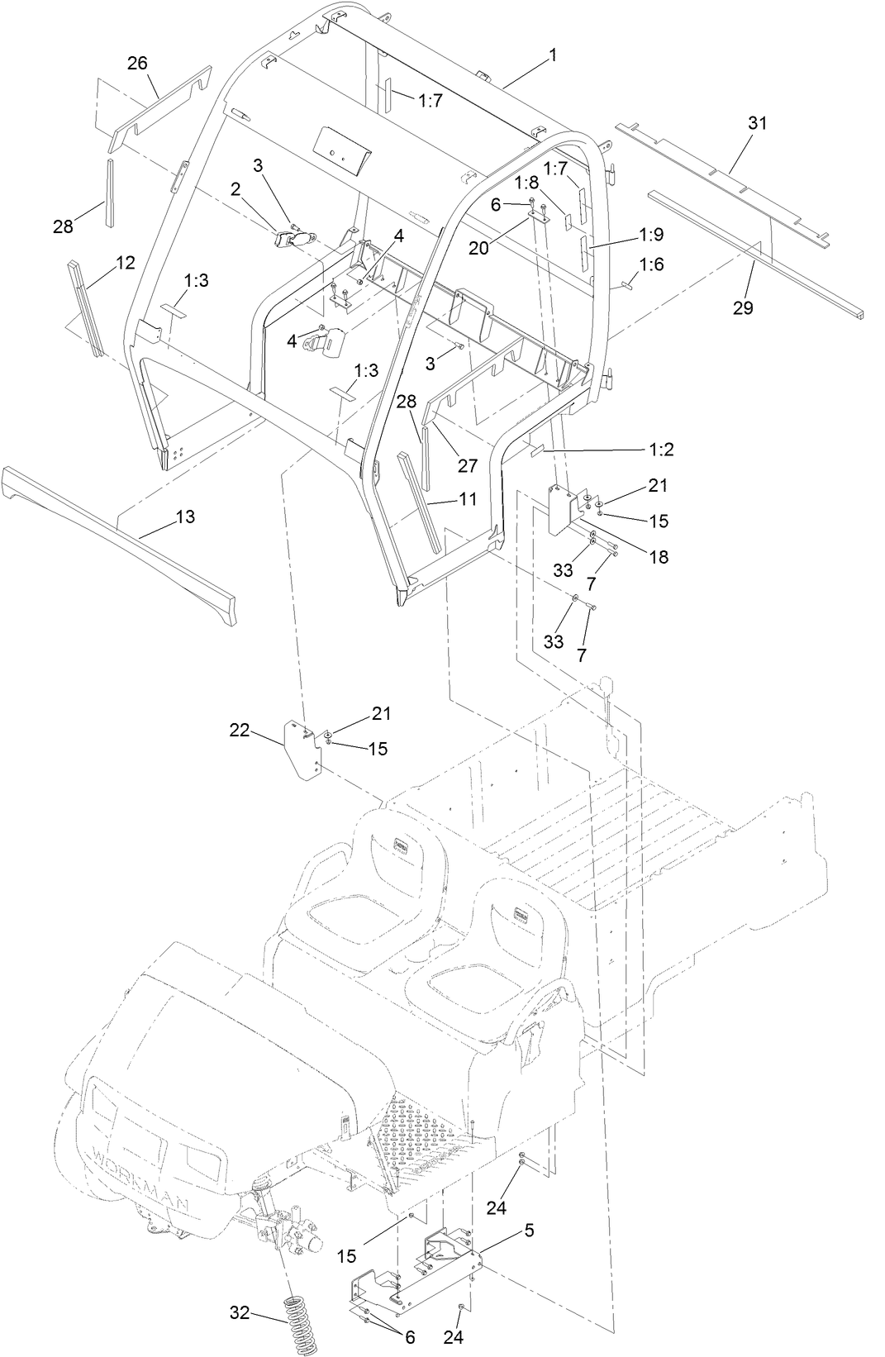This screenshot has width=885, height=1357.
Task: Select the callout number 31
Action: pyautogui.click(x=757, y=123)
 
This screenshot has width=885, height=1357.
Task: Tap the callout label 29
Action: pyautogui.click(x=743, y=307)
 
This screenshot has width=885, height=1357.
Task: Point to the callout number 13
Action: pyautogui.click(x=185, y=517)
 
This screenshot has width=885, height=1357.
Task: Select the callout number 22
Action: pyautogui.click(x=240, y=730)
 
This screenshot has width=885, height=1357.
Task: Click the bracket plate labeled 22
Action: pyautogui.click(x=302, y=749)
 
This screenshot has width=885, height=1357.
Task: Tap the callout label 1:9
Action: pyautogui.click(x=651, y=235)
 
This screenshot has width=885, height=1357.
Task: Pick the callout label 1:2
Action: pyautogui.click(x=661, y=449)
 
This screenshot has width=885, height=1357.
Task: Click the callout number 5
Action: pyautogui.click(x=529, y=1231)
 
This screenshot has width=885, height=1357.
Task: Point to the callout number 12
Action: pyautogui.click(x=125, y=263)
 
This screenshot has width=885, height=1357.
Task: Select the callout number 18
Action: pyautogui.click(x=659, y=557)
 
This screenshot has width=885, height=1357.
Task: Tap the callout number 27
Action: pyautogui.click(x=468, y=466)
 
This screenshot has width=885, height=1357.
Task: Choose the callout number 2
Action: pyautogui.click(x=236, y=189)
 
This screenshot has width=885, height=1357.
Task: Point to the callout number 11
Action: pyautogui.click(x=467, y=499)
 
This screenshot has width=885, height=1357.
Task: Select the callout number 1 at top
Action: pyautogui.click(x=553, y=55)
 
